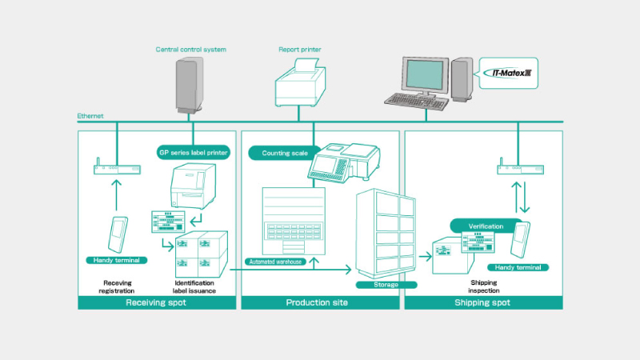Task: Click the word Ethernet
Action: [90, 117]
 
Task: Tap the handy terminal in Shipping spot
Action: [523, 240]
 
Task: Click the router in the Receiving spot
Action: [117, 170]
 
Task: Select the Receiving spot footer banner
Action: [158, 302]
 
